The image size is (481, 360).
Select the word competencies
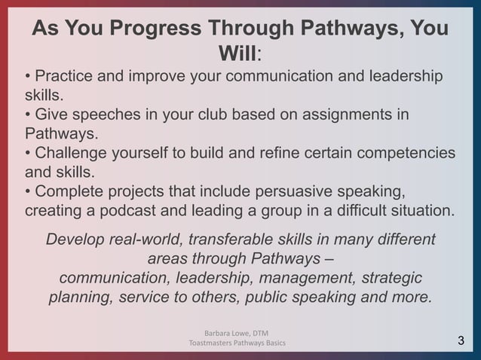pyautogui.click(x=406, y=153)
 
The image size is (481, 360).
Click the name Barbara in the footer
pyautogui.click(x=219, y=333)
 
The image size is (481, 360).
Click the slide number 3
pyautogui.click(x=461, y=343)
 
